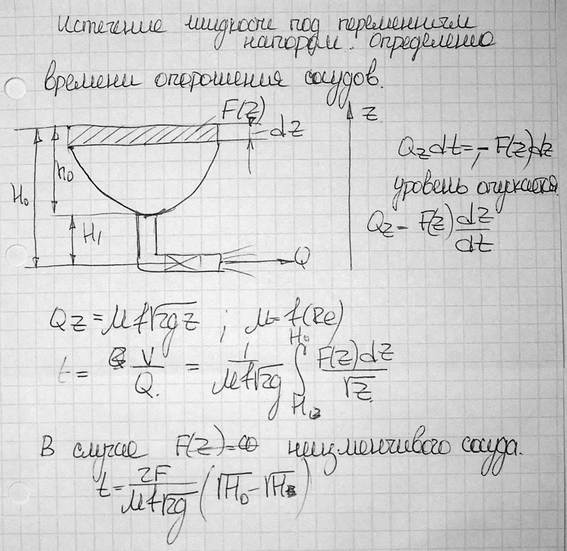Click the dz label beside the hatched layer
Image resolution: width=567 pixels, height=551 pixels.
tap(286, 131)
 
